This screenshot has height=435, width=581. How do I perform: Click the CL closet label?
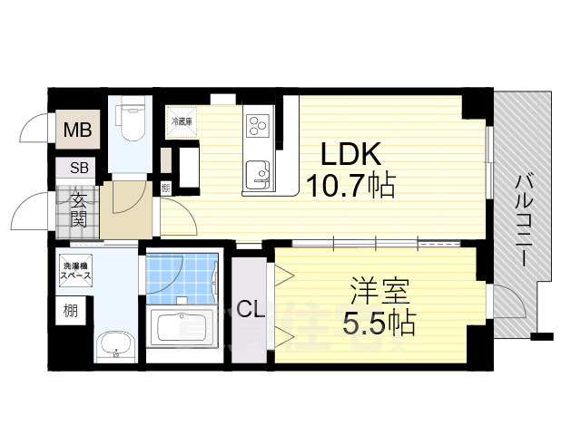coord(251,309)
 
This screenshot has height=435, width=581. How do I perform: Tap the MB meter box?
coord(76,130)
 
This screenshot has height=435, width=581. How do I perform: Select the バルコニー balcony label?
coord(524,217)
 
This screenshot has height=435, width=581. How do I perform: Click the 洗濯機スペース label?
coord(77,270)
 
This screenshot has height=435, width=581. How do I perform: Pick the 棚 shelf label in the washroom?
coord(71,311)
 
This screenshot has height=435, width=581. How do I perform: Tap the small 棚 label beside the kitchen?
coord(165,188)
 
